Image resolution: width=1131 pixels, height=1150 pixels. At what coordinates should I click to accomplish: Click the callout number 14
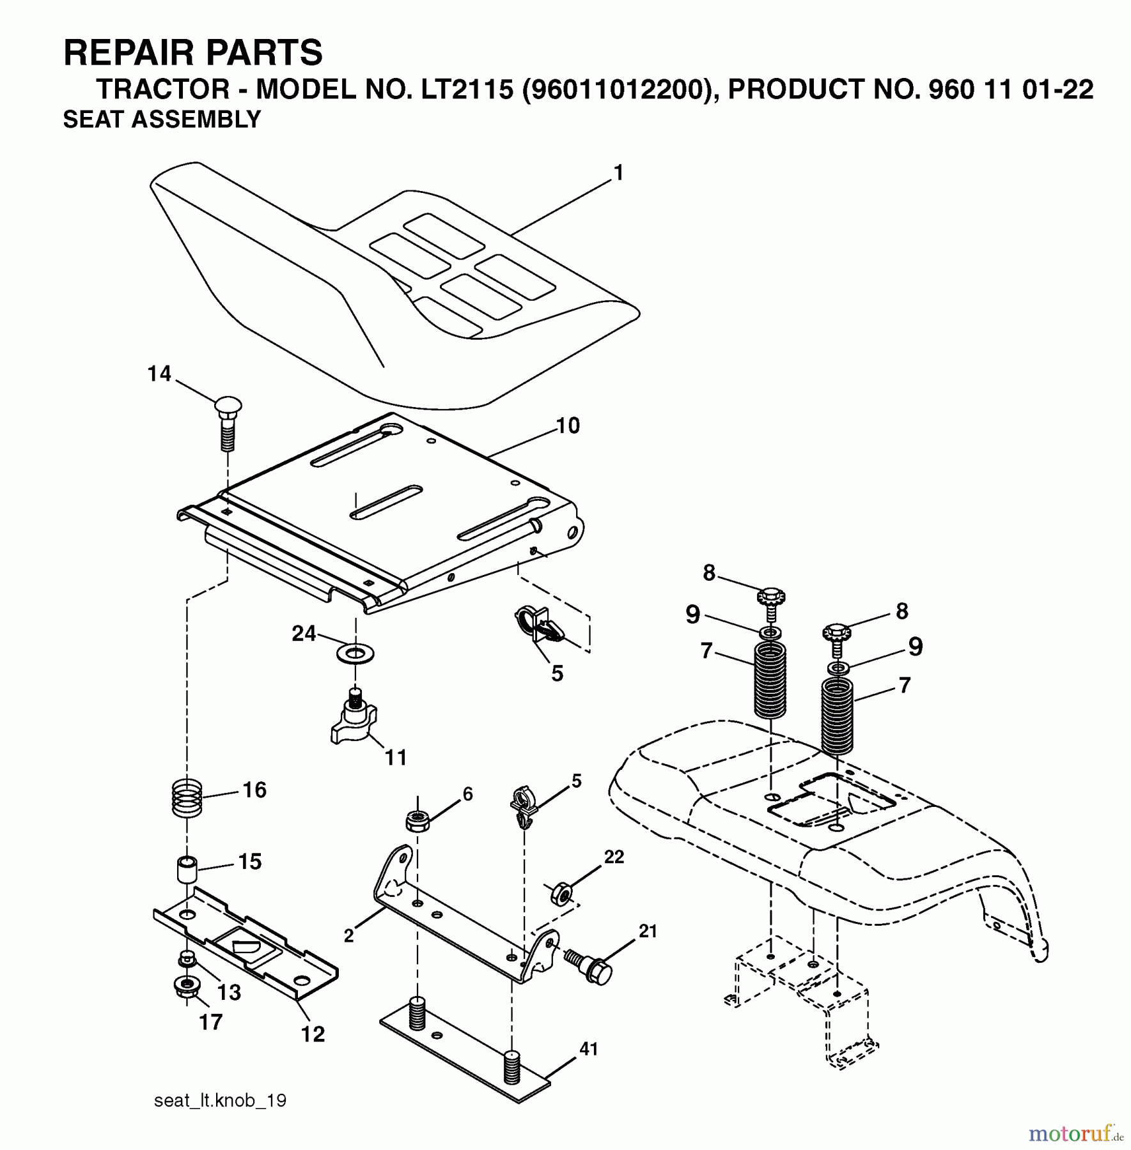coord(159,374)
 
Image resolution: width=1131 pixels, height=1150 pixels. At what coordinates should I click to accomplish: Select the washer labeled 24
coord(355,654)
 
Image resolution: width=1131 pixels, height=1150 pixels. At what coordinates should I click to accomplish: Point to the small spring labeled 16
coord(187,798)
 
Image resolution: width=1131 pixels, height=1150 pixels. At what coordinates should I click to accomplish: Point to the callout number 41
coord(588,1049)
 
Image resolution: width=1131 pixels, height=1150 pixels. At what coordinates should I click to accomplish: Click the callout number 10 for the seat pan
coord(568,425)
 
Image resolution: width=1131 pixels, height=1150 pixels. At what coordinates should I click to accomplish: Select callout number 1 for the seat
coord(618,173)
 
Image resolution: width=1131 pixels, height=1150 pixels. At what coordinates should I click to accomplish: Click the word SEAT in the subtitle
coord(95,119)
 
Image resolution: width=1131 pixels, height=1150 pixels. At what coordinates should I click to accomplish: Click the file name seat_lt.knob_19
coord(220,1100)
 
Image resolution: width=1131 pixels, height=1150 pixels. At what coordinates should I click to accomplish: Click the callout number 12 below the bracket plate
coord(313,1033)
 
